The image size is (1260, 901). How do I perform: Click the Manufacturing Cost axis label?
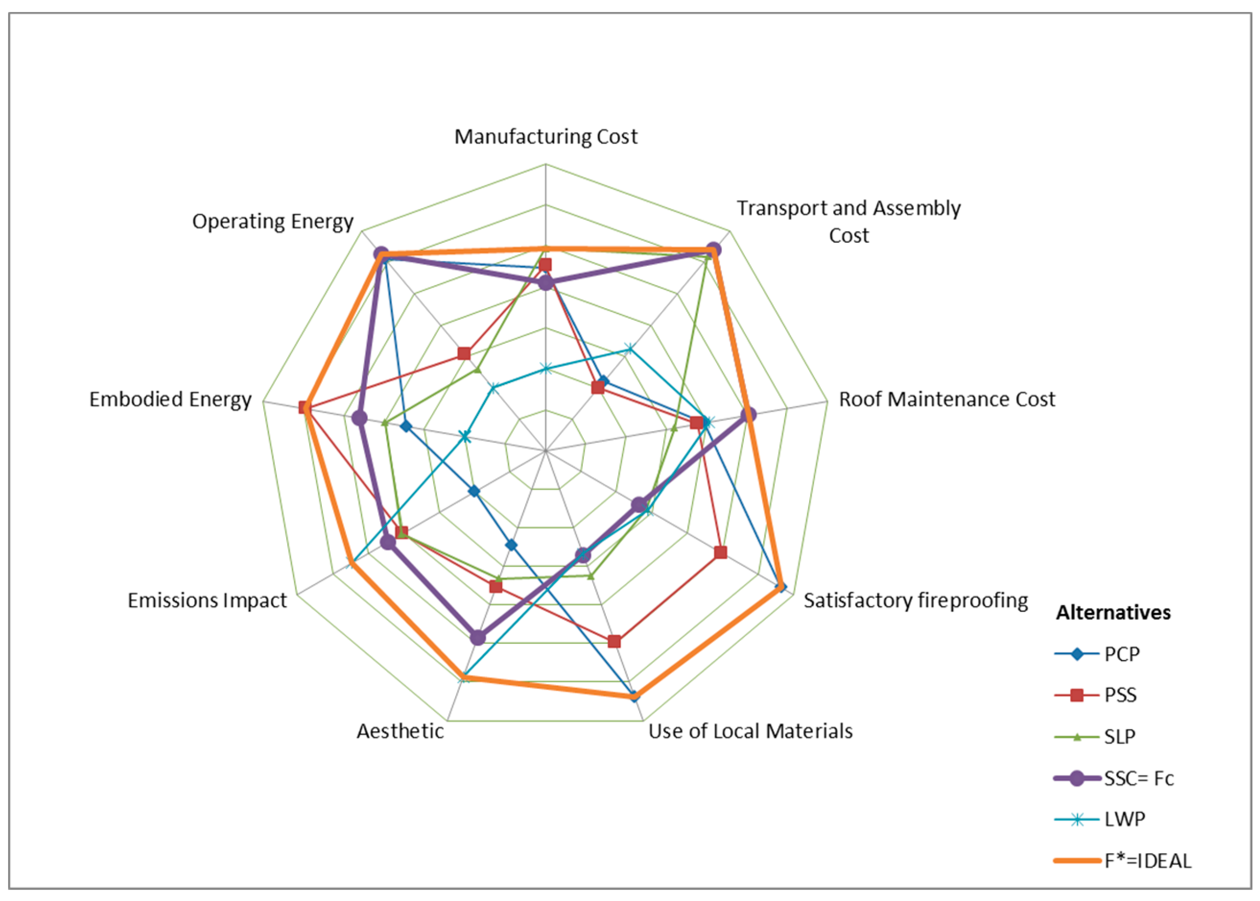(545, 136)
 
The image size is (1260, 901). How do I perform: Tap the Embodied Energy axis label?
(170, 399)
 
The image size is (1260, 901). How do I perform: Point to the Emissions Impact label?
(207, 601)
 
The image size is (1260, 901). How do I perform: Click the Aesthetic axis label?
(400, 731)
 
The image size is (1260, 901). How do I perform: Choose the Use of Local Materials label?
(750, 731)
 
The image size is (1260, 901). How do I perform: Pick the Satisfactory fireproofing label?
(915, 601)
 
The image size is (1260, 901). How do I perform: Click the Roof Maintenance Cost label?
(946, 399)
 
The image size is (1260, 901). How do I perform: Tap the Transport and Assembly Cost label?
(848, 221)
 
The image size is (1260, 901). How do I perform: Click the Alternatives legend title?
(1113, 613)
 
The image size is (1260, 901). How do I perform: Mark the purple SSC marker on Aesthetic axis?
(477, 637)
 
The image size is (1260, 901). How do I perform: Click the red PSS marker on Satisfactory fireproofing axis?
(720, 553)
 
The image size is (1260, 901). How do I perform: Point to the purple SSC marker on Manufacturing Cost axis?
(546, 283)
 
